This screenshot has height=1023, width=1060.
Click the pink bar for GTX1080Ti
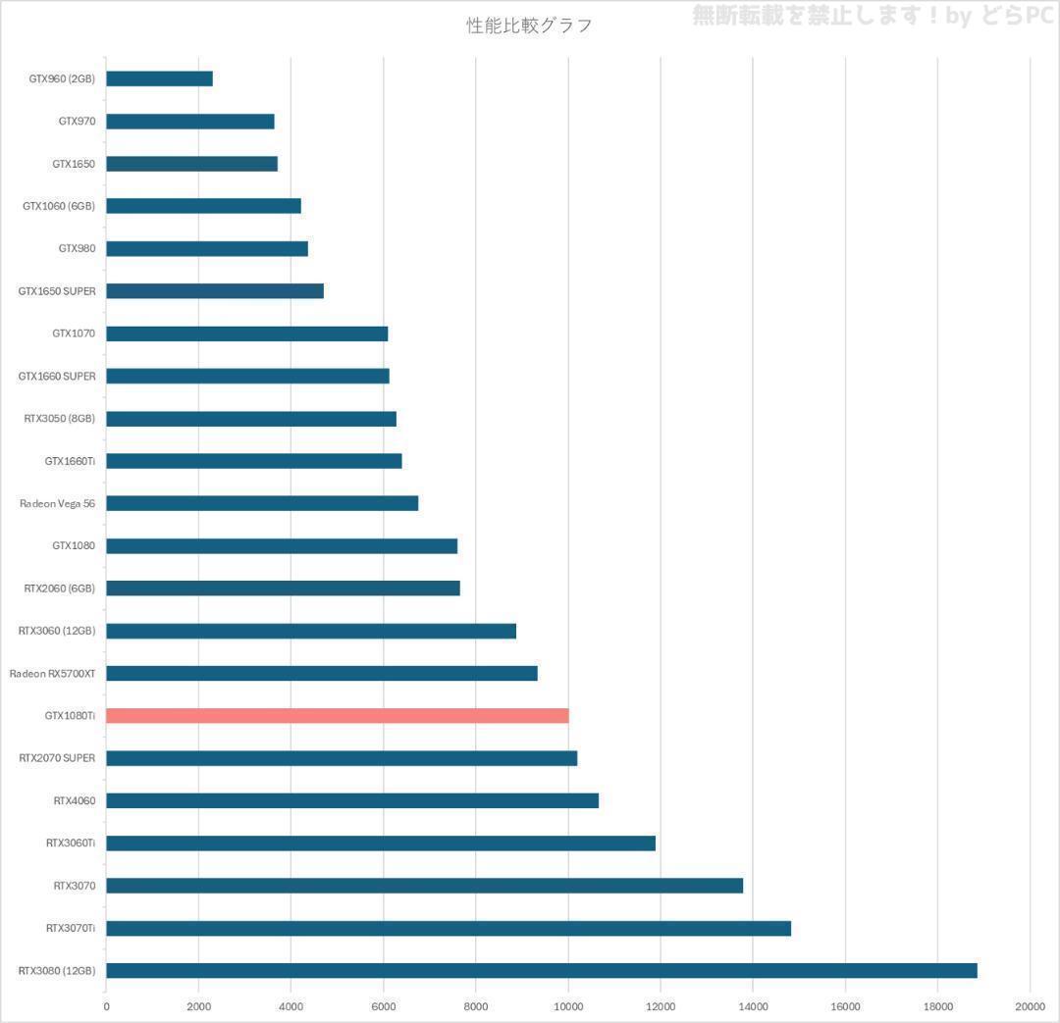pyautogui.click(x=337, y=716)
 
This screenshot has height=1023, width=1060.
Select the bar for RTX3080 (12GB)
pyautogui.click(x=541, y=971)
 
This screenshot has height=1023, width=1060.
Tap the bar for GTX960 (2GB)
pyautogui.click(x=159, y=78)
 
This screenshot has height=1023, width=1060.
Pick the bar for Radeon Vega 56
pyautogui.click(x=262, y=503)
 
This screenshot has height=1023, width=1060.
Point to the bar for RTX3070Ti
pyautogui.click(x=448, y=928)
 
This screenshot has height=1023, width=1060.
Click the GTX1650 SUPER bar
pyautogui.click(x=214, y=291)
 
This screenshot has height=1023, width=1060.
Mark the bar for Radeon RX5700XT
pyautogui.click(x=321, y=673)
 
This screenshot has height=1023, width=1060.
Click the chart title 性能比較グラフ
pyautogui.click(x=529, y=26)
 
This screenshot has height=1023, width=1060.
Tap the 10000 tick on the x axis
pyautogui.click(x=568, y=1005)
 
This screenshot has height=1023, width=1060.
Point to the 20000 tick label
pyautogui.click(x=1030, y=1005)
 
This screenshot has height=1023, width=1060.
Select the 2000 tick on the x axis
pyautogui.click(x=198, y=1005)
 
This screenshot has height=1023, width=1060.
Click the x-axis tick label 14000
pyautogui.click(x=753, y=1005)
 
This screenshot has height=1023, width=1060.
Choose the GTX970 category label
pyautogui.click(x=77, y=122)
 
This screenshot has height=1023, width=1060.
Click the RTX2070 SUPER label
pyautogui.click(x=57, y=758)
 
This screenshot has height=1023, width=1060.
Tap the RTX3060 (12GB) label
pyautogui.click(x=57, y=631)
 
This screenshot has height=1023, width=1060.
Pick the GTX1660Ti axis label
pyautogui.click(x=70, y=461)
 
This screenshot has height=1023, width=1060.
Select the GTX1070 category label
pyautogui.click(x=74, y=333)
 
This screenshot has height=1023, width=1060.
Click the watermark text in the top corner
pyautogui.click(x=873, y=16)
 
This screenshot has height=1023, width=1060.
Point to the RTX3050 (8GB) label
pyautogui.click(x=60, y=419)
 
